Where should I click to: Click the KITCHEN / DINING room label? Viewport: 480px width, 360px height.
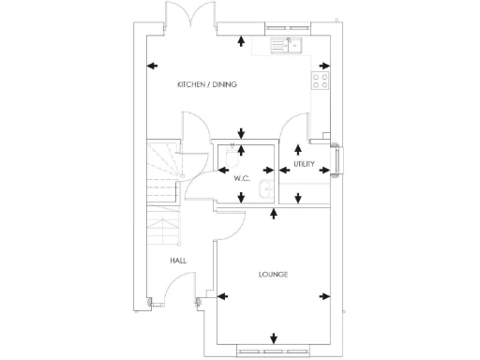(x=207, y=85)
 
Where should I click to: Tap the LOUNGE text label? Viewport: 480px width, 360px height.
(x=273, y=275)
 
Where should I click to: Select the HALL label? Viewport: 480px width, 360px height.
(x=177, y=261)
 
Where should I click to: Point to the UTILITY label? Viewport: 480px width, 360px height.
(x=304, y=164)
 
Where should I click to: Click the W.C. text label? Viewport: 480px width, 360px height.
(x=238, y=176)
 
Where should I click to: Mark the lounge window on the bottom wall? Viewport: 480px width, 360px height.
(x=273, y=352)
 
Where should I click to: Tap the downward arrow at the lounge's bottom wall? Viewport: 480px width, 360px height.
(x=273, y=338)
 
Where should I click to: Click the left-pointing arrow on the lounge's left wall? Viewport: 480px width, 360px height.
(x=222, y=297)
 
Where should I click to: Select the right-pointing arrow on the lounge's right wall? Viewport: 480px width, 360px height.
(x=324, y=297)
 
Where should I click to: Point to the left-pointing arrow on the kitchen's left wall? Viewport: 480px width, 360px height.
(x=152, y=66)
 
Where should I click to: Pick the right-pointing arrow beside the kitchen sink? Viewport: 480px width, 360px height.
(x=323, y=66)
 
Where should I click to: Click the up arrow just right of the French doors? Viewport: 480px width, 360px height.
(x=243, y=40)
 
